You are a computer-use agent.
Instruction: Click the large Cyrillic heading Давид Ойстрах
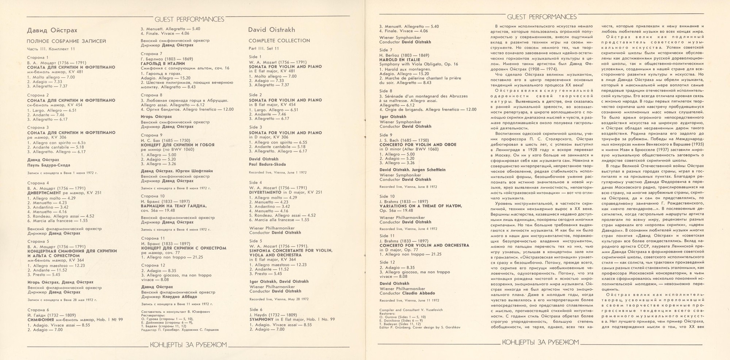pyautogui.click(x=52, y=30)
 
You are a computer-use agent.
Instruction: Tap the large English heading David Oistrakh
pyautogui.click(x=272, y=30)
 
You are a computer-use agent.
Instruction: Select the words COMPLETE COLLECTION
pyautogui.click(x=279, y=41)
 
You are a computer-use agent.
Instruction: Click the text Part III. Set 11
pyautogui.click(x=264, y=48)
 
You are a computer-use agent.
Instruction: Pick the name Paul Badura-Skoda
pyautogui.click(x=268, y=164)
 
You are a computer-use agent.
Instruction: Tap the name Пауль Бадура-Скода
pyautogui.click(x=49, y=165)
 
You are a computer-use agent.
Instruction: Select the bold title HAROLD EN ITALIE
pyautogui.click(x=399, y=60)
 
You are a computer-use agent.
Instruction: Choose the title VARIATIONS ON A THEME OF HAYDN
pyautogui.click(x=420, y=206)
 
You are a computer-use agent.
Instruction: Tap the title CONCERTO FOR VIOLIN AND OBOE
pyautogui.click(x=418, y=145)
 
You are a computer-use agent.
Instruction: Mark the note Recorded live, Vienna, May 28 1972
pyautogui.click(x=278, y=299)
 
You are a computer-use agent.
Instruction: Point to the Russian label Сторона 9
pyautogui.click(x=151, y=135)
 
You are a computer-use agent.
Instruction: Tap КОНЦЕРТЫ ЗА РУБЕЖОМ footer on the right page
pyautogui.click(x=541, y=342)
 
